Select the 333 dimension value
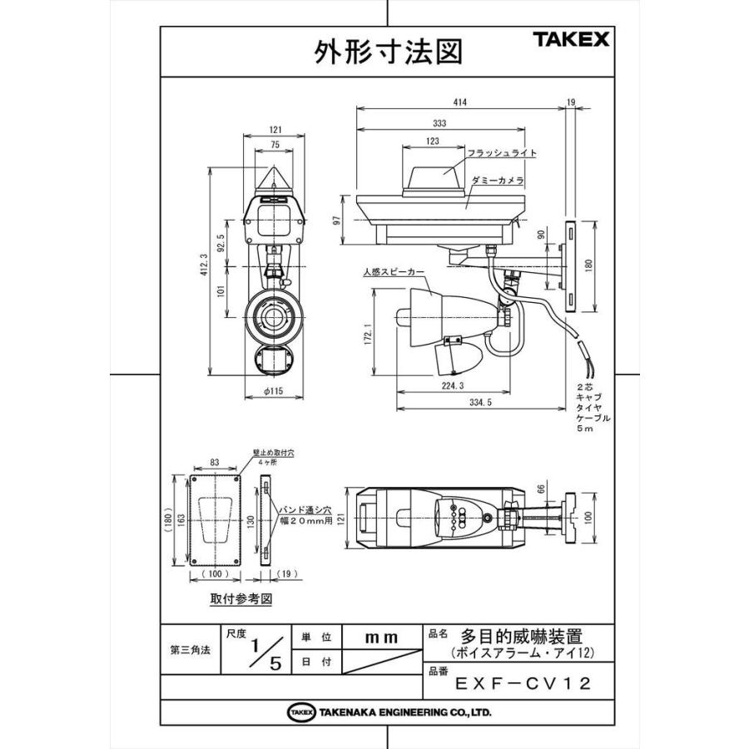pos(439,123)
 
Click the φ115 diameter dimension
pos(272,392)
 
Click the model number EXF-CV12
pos(523,684)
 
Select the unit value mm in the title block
pos(382,637)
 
